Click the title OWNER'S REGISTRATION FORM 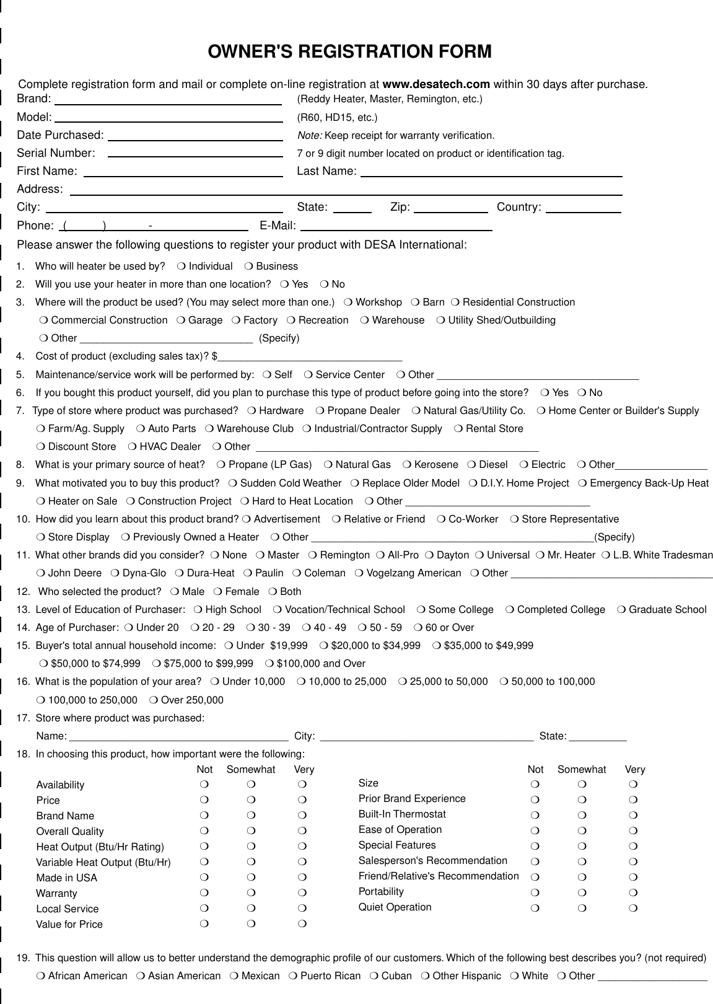click(350, 52)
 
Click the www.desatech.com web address click(436, 84)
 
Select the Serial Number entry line click(195, 154)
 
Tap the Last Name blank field click(491, 172)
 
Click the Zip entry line click(451, 208)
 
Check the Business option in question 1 click(248, 266)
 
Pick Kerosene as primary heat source click(406, 465)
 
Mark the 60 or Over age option click(418, 628)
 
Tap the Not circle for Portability click(535, 892)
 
